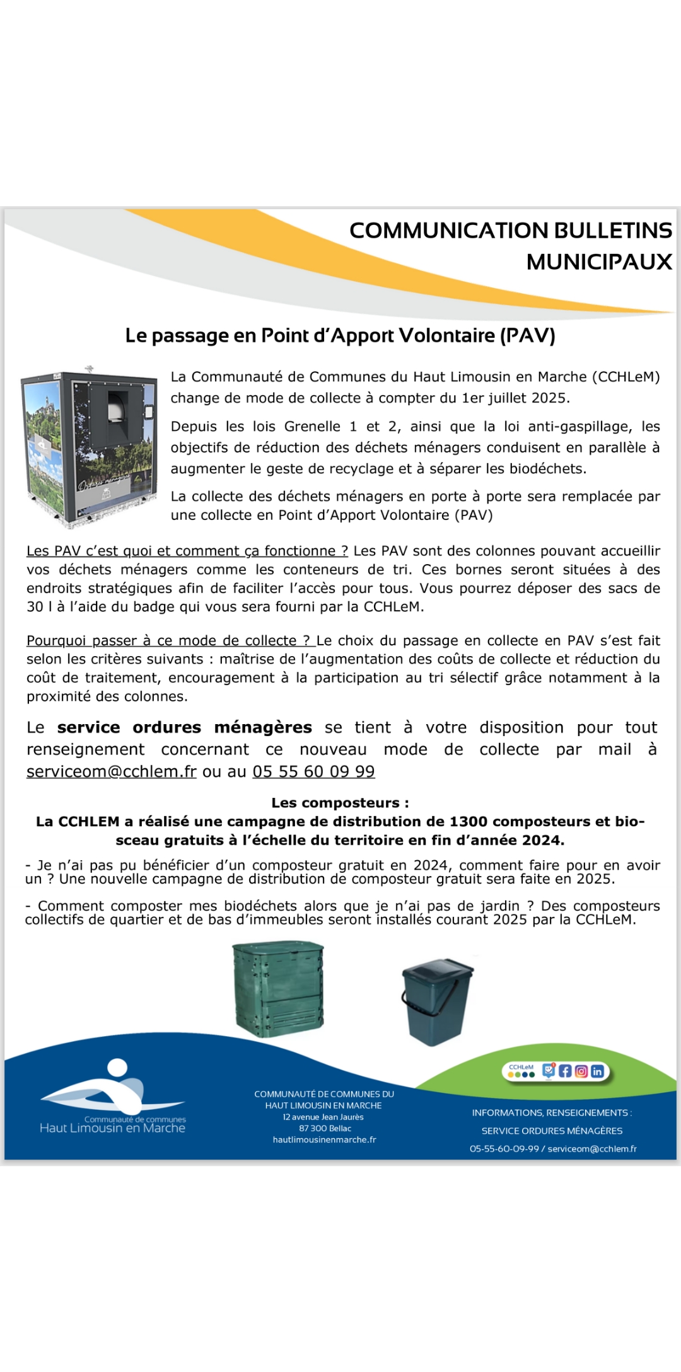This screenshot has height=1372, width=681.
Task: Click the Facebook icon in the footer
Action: click(565, 1071)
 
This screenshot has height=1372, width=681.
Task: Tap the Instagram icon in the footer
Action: click(581, 1071)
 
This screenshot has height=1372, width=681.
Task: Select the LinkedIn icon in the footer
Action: click(597, 1071)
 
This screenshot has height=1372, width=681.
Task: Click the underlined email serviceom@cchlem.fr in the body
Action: click(112, 771)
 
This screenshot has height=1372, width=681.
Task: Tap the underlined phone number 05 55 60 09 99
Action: click(313, 771)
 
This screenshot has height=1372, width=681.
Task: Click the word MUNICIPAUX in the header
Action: click(599, 262)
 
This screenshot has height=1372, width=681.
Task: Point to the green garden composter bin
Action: click(278, 988)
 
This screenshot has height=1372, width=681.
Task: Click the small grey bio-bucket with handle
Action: click(436, 1001)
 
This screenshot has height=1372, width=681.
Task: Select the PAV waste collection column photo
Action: click(89, 446)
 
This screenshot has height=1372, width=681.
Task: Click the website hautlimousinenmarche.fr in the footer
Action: click(324, 1139)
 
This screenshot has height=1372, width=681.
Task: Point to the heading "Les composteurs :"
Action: click(340, 803)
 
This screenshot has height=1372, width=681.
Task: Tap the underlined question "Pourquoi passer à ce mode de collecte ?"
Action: click(170, 640)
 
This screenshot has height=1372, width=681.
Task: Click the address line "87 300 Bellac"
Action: click(325, 1128)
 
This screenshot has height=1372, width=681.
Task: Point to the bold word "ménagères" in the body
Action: click(263, 727)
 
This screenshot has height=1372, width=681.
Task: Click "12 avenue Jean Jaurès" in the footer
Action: click(323, 1117)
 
